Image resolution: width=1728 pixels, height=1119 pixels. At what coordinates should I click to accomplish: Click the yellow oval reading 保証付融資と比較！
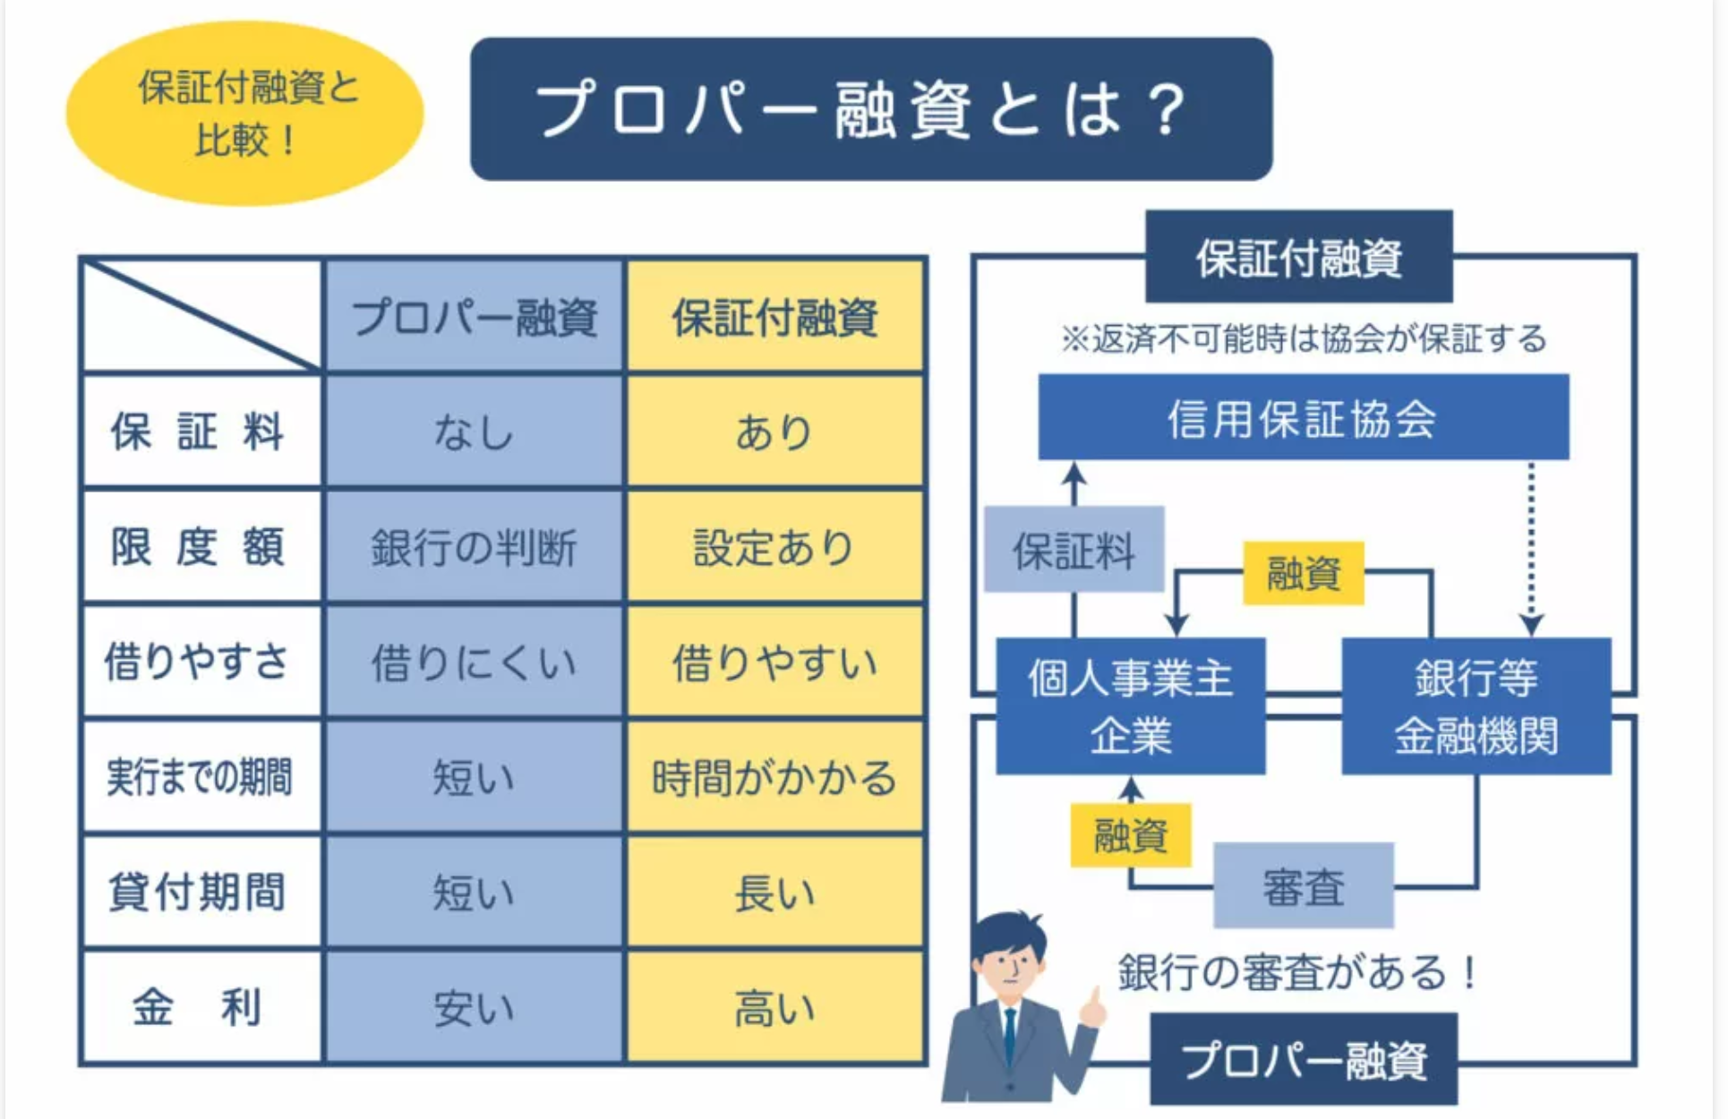click(x=244, y=114)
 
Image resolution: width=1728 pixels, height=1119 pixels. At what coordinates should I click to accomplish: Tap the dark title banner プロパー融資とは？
click(x=871, y=109)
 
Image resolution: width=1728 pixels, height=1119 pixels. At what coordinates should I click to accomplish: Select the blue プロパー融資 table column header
click(x=475, y=316)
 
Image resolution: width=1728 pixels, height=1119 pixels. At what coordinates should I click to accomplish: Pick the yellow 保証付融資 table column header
click(x=775, y=316)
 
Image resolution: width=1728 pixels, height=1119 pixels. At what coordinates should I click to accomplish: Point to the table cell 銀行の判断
click(x=475, y=546)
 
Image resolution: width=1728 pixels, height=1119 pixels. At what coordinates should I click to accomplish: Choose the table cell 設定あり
click(x=775, y=546)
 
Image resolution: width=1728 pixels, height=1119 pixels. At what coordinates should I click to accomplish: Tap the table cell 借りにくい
click(x=475, y=662)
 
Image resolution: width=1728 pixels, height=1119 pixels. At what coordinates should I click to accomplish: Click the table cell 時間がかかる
click(x=775, y=777)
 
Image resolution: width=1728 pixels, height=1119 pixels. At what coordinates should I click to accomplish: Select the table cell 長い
click(x=775, y=892)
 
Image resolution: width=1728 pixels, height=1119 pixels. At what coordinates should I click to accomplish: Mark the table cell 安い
click(x=475, y=1007)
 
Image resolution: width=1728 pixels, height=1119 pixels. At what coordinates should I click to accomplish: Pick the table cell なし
click(x=475, y=431)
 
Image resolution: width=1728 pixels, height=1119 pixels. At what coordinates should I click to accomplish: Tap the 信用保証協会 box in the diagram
click(x=1303, y=417)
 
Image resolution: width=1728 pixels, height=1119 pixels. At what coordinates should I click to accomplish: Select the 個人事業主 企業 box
click(x=1131, y=705)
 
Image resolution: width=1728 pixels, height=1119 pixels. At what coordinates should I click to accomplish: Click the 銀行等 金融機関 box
click(x=1476, y=705)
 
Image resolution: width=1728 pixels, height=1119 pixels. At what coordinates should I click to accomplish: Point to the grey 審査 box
click(x=1304, y=885)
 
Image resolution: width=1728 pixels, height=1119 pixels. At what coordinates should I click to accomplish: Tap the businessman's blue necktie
click(x=1010, y=1038)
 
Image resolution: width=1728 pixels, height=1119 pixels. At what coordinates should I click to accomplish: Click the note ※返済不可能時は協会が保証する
click(x=1303, y=338)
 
